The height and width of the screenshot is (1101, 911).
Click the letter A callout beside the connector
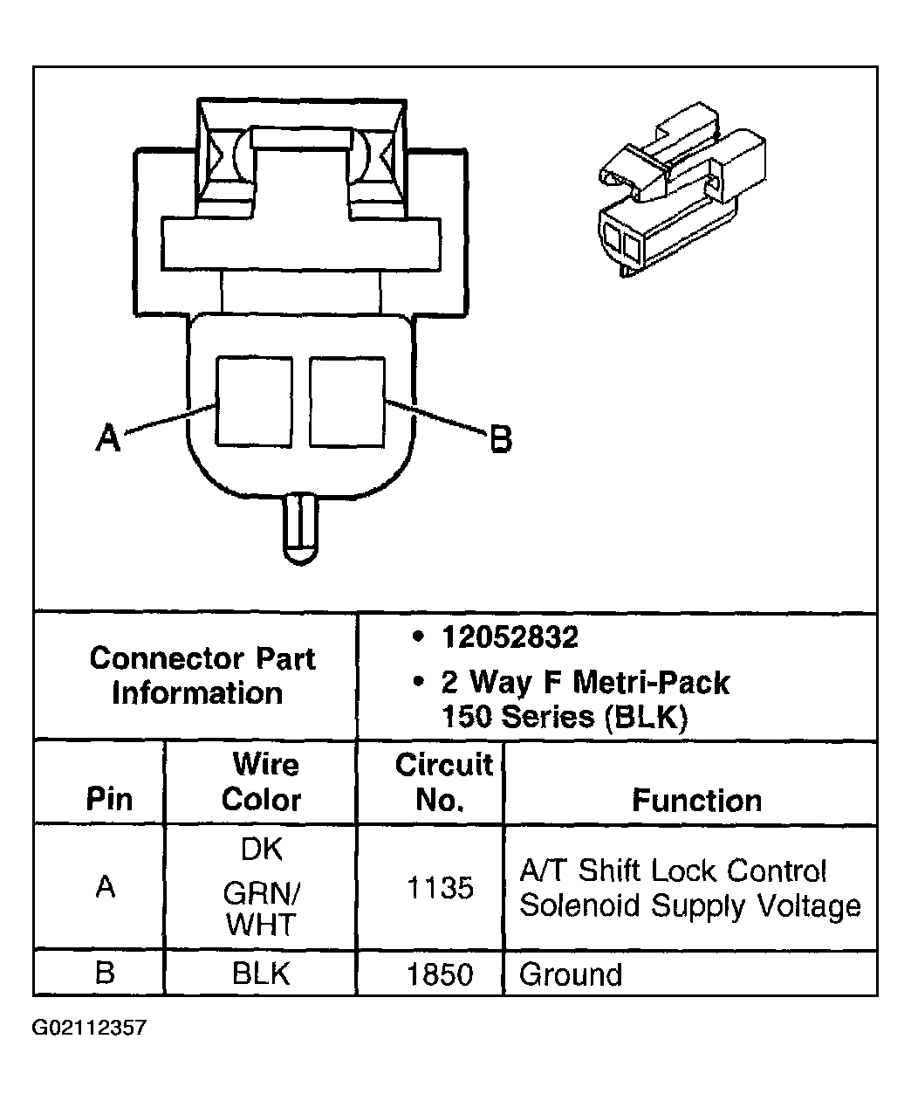point(107,437)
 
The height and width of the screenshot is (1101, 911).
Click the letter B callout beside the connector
point(500,438)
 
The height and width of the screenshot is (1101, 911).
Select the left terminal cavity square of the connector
point(254,401)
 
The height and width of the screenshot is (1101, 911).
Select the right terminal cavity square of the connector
point(346,401)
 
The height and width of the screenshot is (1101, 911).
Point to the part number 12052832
point(510,638)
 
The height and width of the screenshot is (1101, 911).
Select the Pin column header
point(109,799)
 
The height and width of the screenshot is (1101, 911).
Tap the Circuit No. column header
point(442,782)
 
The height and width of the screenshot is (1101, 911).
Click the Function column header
point(696,800)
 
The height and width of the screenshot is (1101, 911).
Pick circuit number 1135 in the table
point(440,888)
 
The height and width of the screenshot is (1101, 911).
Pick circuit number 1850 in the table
point(440,974)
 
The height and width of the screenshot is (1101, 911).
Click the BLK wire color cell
point(261,974)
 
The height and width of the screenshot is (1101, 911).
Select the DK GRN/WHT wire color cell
point(261,887)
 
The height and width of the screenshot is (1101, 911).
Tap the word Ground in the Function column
point(571,974)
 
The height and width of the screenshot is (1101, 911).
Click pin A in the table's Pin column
point(106,887)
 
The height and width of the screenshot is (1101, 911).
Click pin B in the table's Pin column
point(105,973)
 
